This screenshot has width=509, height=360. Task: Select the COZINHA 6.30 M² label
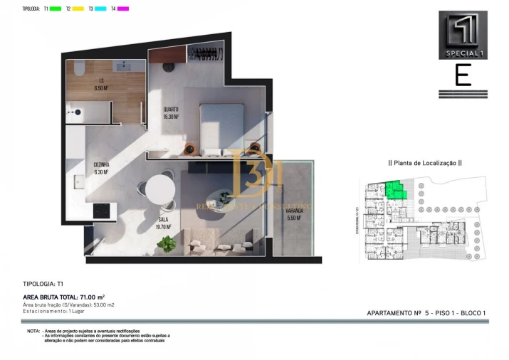pos(101,168)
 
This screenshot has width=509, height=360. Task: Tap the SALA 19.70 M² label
pos(164,223)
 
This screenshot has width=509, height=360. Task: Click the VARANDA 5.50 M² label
pos(294,214)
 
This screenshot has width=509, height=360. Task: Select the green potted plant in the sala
pos(168,243)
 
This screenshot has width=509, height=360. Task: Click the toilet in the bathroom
pos(79,68)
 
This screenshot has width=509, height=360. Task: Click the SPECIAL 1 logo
pos(463,35)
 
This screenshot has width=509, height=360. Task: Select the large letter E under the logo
pos(463,75)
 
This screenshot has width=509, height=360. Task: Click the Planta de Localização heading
pos(424,163)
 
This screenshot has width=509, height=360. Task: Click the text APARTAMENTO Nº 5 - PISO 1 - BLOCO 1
pos(426,313)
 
